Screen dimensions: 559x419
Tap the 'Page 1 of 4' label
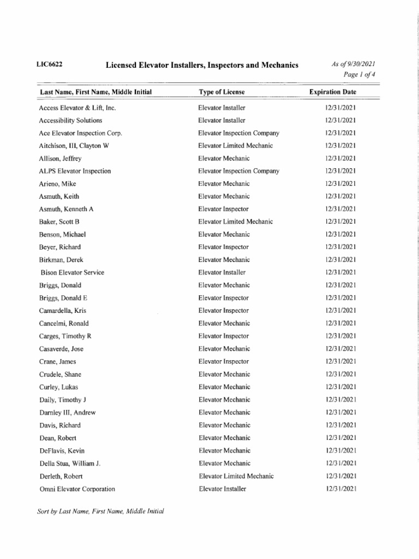(x=360, y=75)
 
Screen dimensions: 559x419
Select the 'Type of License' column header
(x=222, y=92)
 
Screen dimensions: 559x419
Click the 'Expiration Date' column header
(x=333, y=92)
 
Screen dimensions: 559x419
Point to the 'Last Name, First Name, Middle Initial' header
(x=95, y=92)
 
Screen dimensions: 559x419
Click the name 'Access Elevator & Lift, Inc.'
(x=77, y=108)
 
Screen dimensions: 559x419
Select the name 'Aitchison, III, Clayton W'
(x=74, y=146)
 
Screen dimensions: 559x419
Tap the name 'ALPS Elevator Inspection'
(x=75, y=171)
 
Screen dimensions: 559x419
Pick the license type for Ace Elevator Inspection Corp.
(x=239, y=133)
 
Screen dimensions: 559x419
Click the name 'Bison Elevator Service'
(x=73, y=272)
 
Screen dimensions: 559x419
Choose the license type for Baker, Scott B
(x=236, y=222)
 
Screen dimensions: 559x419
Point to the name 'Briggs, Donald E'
(x=63, y=298)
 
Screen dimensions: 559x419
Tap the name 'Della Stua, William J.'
(x=70, y=463)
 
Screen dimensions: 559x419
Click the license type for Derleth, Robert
(x=236, y=476)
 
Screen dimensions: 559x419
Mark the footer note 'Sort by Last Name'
(x=101, y=512)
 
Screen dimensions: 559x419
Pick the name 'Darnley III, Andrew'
(x=67, y=413)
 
